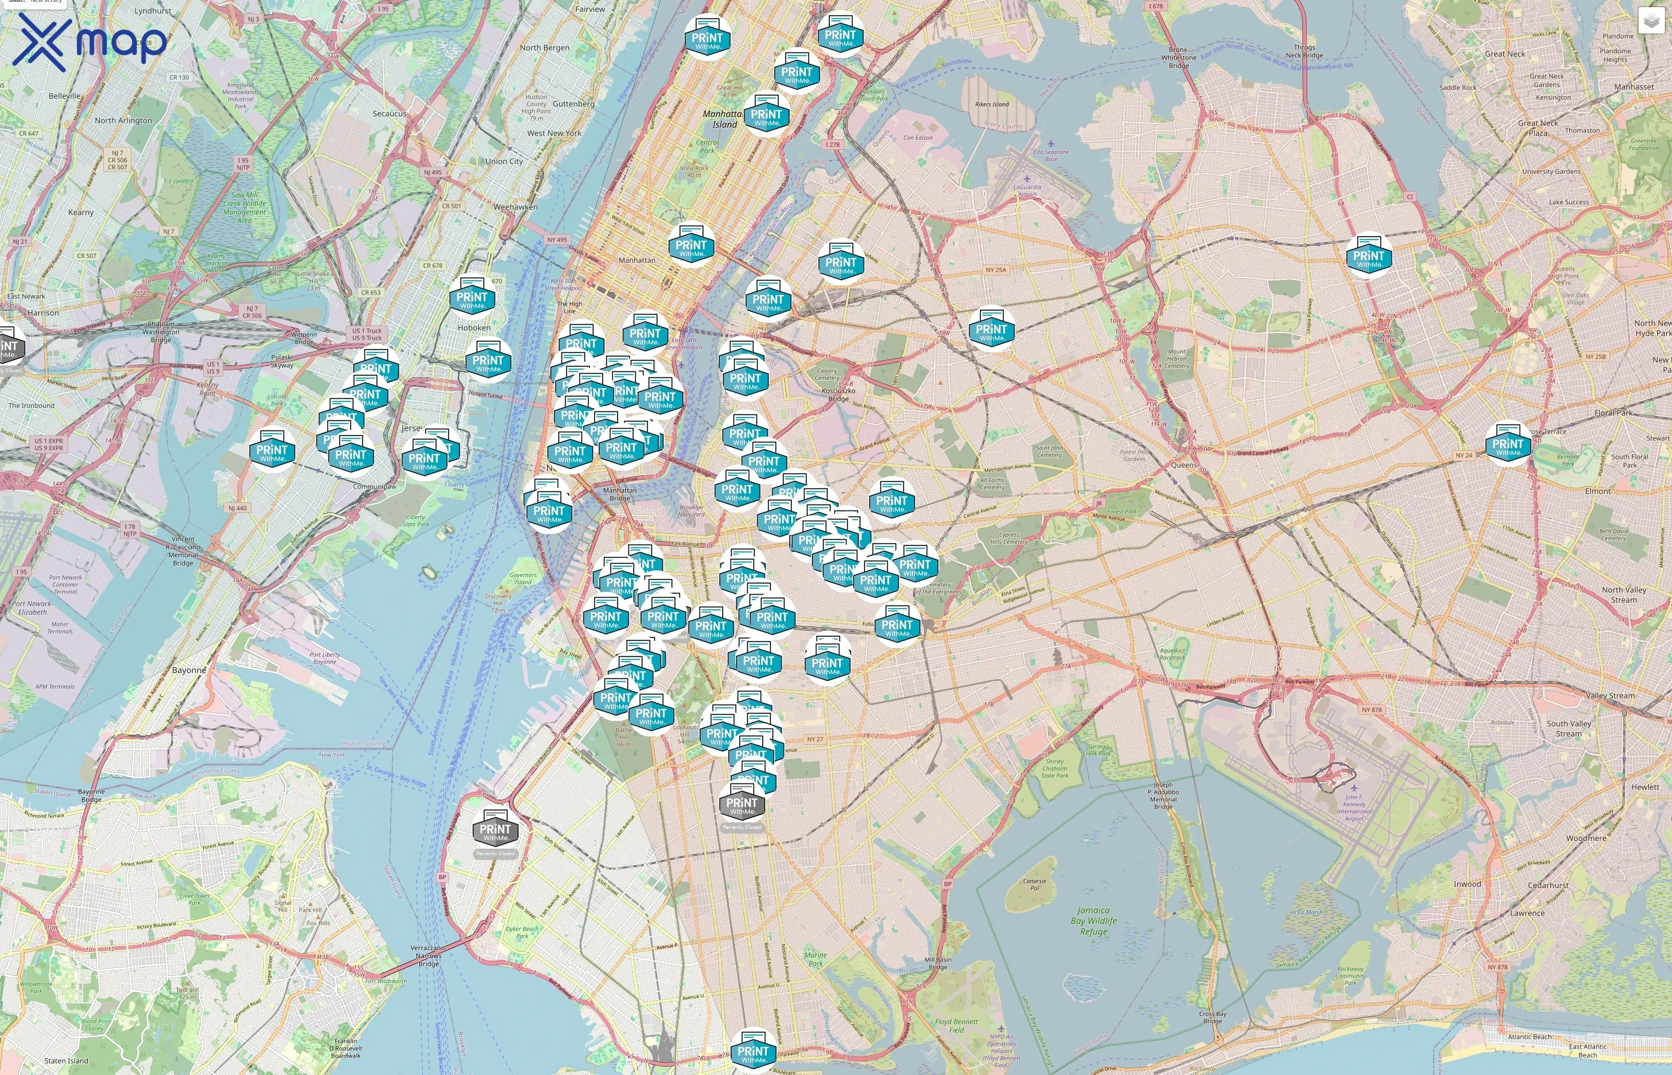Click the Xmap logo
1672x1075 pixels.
[91, 42]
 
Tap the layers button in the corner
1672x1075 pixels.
[1651, 21]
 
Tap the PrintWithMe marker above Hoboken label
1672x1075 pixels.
[472, 299]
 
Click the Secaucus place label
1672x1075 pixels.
[389, 113]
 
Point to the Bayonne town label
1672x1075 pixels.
[189, 669]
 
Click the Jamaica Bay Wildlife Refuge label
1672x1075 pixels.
[1093, 921]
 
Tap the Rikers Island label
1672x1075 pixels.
[992, 104]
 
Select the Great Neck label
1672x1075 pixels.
[1505, 54]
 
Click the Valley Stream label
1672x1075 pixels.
[1610, 695]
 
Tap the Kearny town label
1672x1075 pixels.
[81, 212]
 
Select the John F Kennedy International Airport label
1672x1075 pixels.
[1353, 807]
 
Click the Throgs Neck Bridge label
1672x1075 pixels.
[1304, 51]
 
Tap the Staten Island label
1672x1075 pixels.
[66, 1060]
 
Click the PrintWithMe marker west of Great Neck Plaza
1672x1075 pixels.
[1369, 257]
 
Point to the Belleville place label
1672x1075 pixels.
[64, 96]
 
